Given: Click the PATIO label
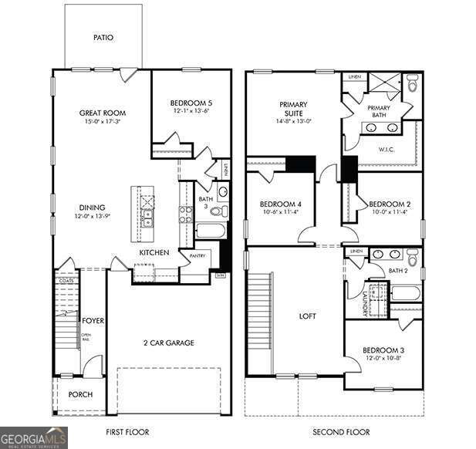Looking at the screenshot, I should [x=103, y=37].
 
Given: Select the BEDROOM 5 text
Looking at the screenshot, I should [x=190, y=102].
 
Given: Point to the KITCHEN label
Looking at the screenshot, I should [x=154, y=253].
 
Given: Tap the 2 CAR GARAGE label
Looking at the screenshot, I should [x=167, y=343].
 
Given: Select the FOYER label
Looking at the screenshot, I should [x=93, y=320].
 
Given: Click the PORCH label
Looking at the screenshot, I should [x=80, y=394].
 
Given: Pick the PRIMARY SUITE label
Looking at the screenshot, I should [x=293, y=110].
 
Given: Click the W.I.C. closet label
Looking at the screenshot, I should [x=387, y=150].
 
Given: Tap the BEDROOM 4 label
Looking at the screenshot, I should [x=280, y=204].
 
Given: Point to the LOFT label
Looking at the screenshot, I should [x=308, y=316].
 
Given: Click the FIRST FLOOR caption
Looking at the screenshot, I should [x=127, y=432].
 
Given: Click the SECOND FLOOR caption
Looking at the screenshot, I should [x=340, y=432].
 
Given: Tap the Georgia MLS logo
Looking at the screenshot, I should [x=34, y=437].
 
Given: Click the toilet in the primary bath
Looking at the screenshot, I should [x=411, y=85].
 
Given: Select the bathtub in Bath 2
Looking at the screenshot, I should [x=404, y=293].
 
